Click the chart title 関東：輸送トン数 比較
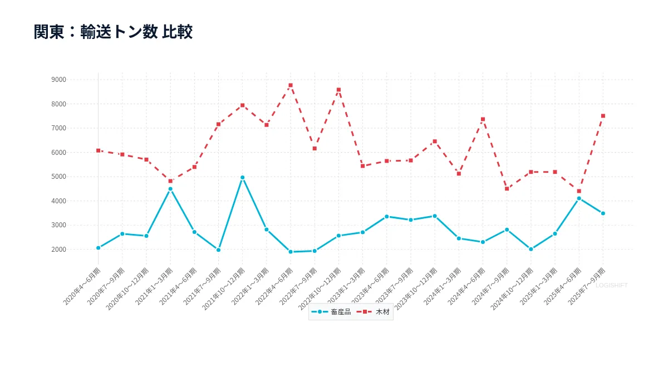(x=113, y=32)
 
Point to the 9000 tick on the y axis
(x=58, y=80)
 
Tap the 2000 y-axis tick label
(x=58, y=250)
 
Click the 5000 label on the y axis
(x=58, y=177)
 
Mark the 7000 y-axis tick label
(x=58, y=128)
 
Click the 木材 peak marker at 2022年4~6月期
(x=291, y=85)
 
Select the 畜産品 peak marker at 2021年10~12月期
(x=243, y=177)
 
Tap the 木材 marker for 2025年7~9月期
(x=603, y=116)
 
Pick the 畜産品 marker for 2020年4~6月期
(x=99, y=248)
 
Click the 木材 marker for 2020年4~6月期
(x=99, y=150)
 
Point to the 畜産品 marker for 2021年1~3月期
(x=170, y=189)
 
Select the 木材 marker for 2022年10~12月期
(x=338, y=90)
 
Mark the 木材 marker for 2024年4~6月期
(x=483, y=119)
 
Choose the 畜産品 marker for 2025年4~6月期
(x=579, y=198)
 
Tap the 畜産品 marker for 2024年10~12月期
(x=531, y=249)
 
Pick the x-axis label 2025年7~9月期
(x=587, y=286)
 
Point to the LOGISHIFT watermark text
(x=611, y=285)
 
